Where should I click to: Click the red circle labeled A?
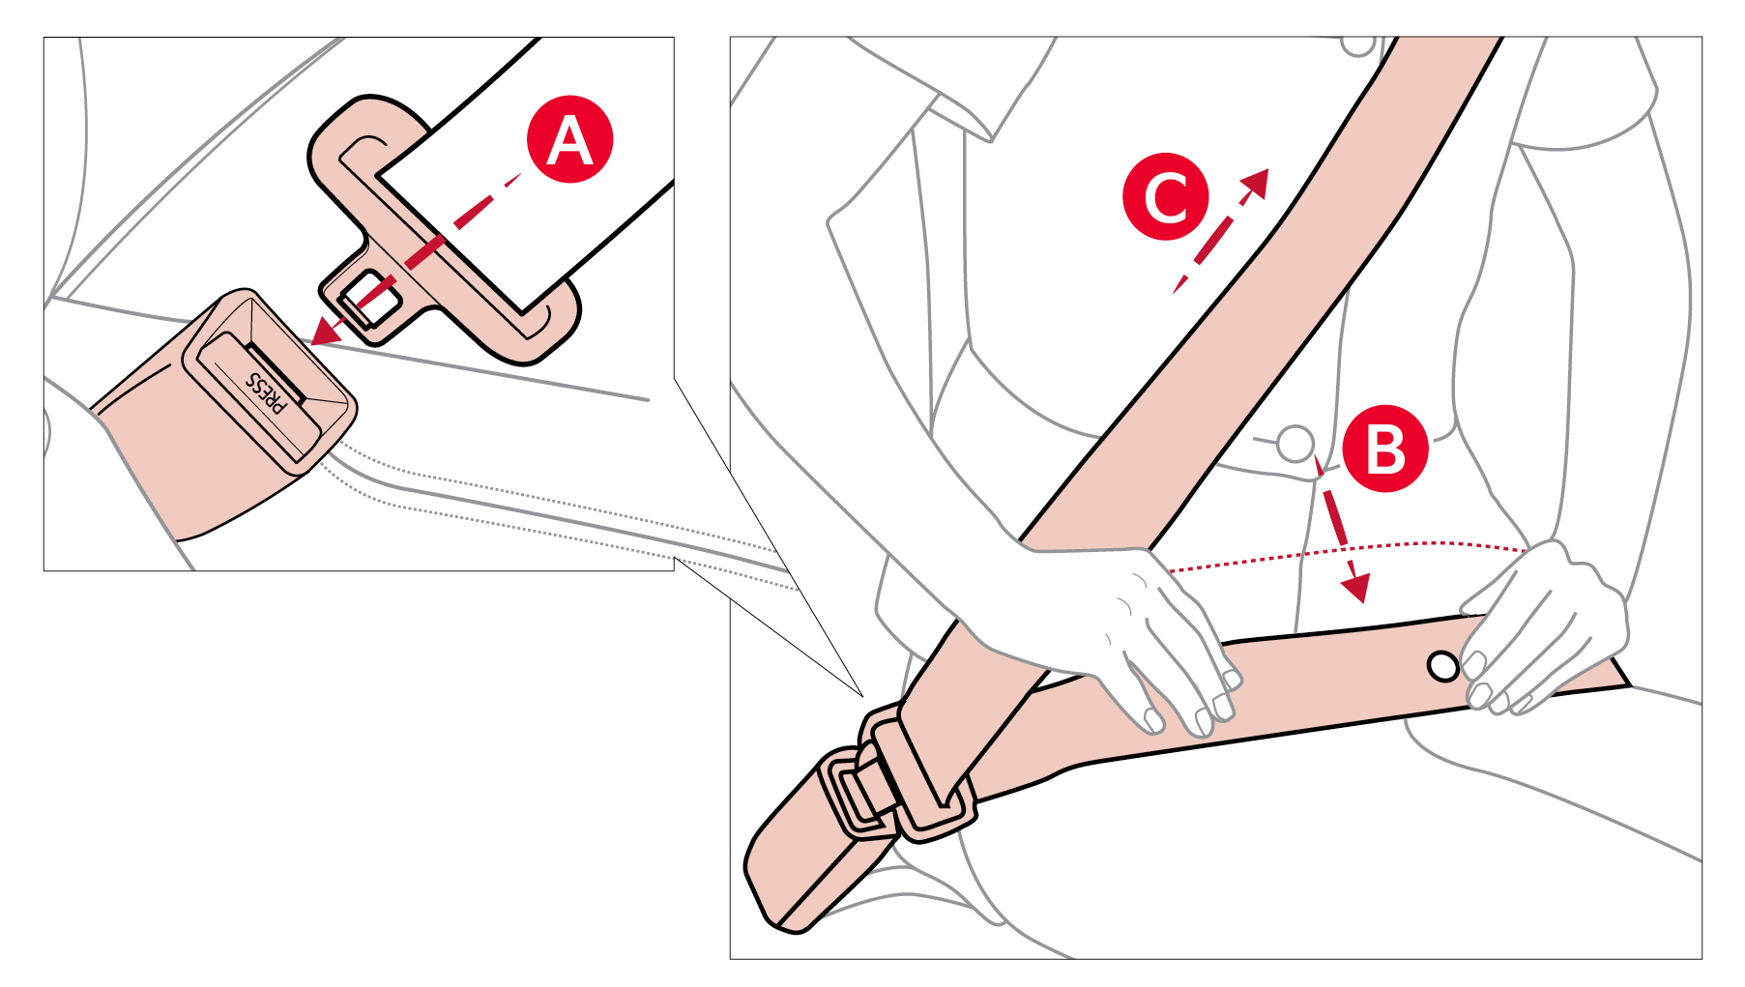[570, 139]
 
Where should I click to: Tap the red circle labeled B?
[1385, 449]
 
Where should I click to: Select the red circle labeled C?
[1166, 196]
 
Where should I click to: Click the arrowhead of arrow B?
[1356, 587]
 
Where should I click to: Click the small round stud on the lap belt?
[1442, 666]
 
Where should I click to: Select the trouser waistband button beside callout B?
[1294, 444]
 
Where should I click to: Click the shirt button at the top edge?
[1357, 44]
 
